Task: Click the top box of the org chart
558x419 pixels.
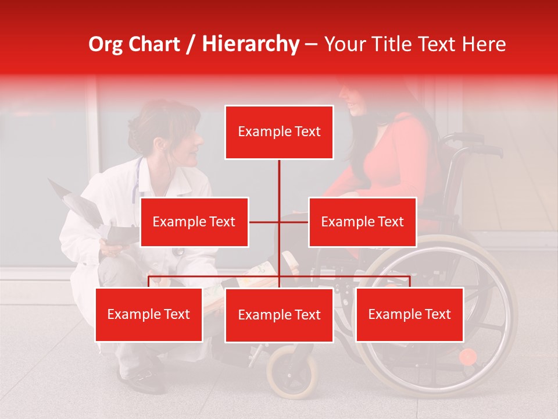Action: pyautogui.click(x=279, y=132)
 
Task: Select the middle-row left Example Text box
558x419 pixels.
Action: pyautogui.click(x=194, y=222)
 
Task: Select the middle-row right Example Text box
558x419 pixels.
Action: pyautogui.click(x=362, y=222)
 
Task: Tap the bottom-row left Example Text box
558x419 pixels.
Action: pyautogui.click(x=149, y=314)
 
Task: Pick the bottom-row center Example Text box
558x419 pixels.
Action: pyautogui.click(x=279, y=315)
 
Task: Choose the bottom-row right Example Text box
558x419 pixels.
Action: pyautogui.click(x=409, y=314)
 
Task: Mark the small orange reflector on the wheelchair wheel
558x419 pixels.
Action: pyautogui.click(x=467, y=356)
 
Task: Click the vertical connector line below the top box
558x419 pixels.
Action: pyautogui.click(x=279, y=186)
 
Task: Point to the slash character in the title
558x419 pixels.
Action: pyautogui.click(x=190, y=44)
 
